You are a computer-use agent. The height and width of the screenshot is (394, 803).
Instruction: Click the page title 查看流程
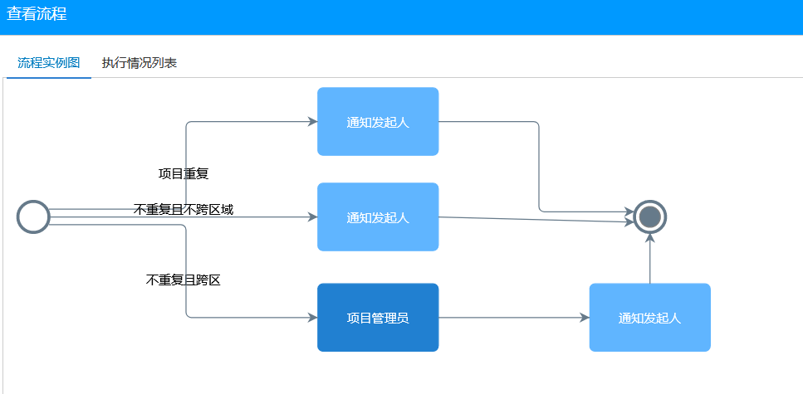(37, 14)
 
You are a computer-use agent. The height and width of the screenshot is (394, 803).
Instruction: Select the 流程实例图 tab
(49, 63)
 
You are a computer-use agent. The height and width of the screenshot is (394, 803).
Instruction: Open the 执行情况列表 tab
(139, 63)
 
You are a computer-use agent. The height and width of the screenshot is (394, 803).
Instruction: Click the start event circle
(33, 217)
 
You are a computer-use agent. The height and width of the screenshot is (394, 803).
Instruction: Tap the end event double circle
(650, 217)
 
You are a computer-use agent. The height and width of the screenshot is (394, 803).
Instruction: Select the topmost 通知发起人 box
(378, 122)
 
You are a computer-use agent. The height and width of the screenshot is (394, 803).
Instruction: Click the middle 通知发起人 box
(378, 217)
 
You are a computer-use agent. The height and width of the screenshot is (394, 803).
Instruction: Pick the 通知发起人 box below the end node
(649, 318)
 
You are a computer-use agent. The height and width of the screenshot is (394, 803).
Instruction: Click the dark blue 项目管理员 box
(378, 318)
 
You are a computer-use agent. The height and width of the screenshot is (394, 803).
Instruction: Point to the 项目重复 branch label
(184, 173)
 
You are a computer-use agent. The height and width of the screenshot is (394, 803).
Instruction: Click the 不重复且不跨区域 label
(184, 209)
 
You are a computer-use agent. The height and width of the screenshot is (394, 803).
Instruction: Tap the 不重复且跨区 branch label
(184, 280)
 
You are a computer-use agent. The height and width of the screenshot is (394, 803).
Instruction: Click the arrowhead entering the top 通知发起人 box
(312, 122)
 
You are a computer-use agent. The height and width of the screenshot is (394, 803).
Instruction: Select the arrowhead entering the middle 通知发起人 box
(312, 217)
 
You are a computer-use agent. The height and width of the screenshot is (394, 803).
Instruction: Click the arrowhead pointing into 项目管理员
(312, 318)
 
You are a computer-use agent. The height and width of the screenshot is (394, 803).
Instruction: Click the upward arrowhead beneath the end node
(650, 239)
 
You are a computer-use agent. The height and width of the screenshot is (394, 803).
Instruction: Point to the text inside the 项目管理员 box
(378, 318)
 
